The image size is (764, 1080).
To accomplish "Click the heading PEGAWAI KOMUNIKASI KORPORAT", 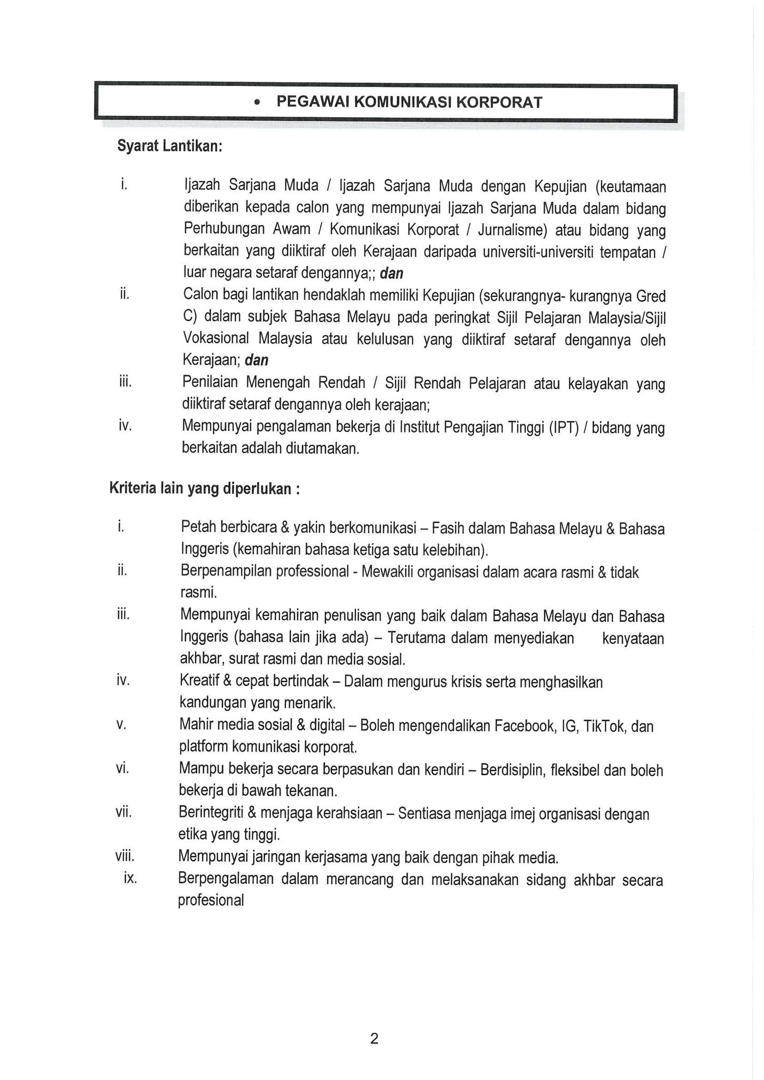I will tap(409, 102).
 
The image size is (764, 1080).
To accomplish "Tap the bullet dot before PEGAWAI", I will tap(257, 103).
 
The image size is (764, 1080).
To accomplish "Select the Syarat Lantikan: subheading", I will tap(169, 146).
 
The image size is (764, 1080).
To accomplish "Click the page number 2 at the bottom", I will tap(374, 1038).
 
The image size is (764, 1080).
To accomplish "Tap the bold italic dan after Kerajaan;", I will tap(257, 360).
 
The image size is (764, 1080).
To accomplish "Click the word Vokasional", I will tap(216, 339).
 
